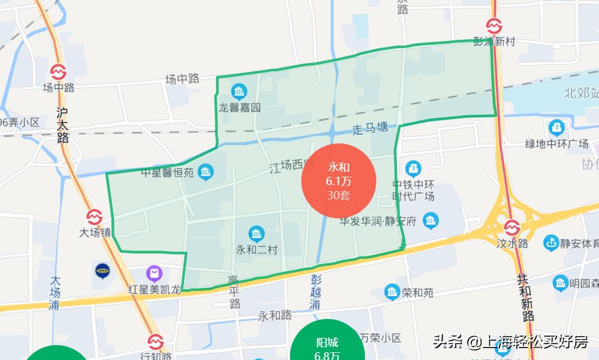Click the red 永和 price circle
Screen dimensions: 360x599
pos(338,181)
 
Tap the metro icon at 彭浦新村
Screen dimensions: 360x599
pos(494,26)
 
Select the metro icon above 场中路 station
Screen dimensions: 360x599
pos(58,72)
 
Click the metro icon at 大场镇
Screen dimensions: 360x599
pos(95,217)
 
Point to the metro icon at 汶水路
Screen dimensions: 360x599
pos(511,228)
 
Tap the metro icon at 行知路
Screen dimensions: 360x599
pos(155,342)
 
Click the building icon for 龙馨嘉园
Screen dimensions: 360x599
pos(239,92)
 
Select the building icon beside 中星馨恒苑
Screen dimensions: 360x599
pos(206,172)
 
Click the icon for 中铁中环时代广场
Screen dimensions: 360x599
pos(413,168)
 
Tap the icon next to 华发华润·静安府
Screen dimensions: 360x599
pos(430,221)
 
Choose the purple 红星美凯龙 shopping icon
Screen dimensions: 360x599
pos(155,274)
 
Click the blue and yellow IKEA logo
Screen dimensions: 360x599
pos(103,271)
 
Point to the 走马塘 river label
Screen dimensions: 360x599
pos(370,128)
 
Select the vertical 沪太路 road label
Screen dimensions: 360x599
pos(63,125)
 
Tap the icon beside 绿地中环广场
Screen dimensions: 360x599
pos(556,127)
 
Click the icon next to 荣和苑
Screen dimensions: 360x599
pos(391,292)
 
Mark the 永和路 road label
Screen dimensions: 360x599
pos(274,315)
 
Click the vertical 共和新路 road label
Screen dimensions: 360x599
pos(525,298)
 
